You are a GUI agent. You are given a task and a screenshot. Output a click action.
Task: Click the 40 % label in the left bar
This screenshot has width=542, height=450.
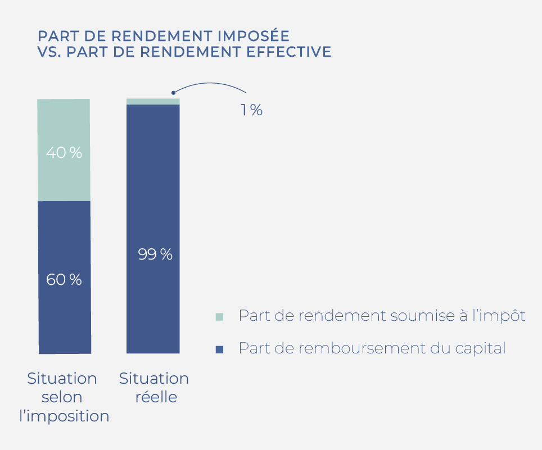click(64, 152)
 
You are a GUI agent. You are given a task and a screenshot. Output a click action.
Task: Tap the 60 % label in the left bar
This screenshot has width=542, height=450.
click(64, 279)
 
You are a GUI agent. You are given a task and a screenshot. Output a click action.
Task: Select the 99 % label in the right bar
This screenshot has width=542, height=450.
click(155, 254)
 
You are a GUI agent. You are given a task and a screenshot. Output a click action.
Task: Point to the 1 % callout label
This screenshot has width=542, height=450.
click(251, 110)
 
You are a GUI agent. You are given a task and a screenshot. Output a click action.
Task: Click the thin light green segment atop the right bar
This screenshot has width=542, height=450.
click(153, 101)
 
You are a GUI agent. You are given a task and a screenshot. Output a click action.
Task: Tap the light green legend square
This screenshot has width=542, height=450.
click(219, 317)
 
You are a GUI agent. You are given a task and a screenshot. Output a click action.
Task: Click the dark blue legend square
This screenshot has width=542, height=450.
click(219, 349)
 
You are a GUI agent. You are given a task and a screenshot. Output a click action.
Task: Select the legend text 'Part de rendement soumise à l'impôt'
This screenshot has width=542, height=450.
click(382, 316)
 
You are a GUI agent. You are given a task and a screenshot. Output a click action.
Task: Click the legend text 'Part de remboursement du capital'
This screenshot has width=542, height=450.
click(372, 348)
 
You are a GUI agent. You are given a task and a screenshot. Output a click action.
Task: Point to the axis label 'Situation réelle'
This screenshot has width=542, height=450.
click(154, 388)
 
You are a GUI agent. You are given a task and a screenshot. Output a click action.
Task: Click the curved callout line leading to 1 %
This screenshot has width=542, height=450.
click(214, 84)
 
